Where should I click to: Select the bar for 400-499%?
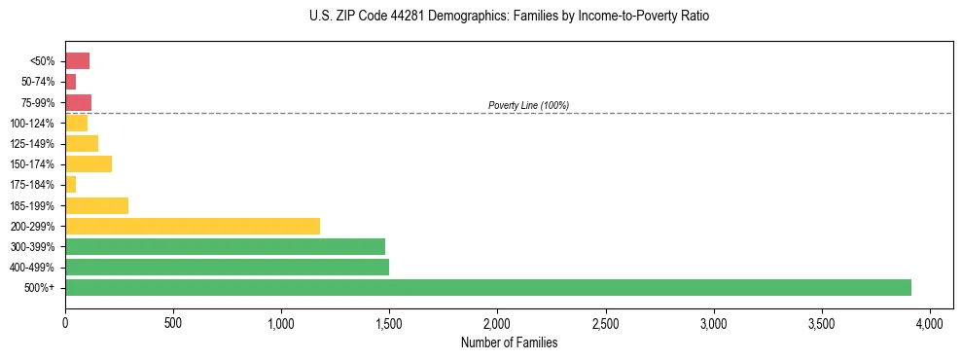coord(227,267)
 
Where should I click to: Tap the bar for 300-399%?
coord(225,246)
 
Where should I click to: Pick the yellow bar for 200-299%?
coord(193,226)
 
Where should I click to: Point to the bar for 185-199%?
coord(96,205)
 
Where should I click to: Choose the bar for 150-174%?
coord(89,163)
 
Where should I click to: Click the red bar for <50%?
coord(77,61)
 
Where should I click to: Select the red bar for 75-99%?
coord(78,102)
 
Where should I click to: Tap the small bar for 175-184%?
coord(70,184)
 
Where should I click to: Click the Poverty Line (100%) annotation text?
coord(528,105)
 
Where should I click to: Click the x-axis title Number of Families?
coord(509,342)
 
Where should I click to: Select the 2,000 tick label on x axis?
coord(497,322)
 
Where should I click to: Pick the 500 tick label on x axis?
coord(173,322)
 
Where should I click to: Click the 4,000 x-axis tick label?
coord(930,322)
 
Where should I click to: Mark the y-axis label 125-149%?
coord(32,144)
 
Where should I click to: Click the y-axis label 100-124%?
coord(32,124)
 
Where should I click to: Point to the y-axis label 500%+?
coord(40,288)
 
